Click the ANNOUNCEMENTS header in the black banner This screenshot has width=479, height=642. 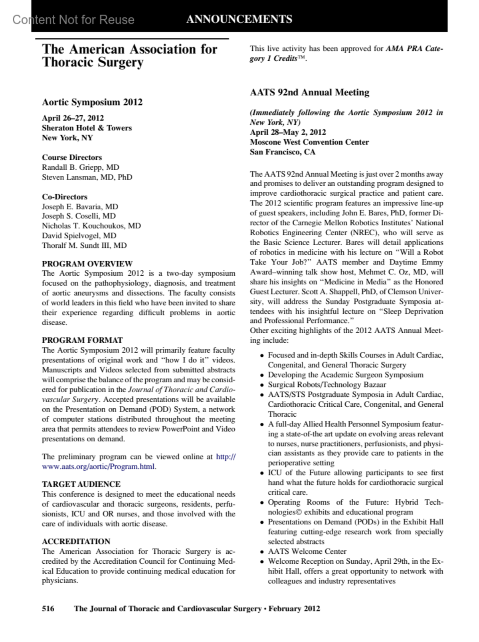coord(239,19)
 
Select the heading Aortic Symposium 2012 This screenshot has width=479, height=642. coord(92,102)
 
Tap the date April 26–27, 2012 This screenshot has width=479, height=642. coord(73,118)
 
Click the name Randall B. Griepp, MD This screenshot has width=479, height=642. coord(80,167)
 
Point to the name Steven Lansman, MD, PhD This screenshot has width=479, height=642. coord(87,177)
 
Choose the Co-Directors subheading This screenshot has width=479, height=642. coord(65,197)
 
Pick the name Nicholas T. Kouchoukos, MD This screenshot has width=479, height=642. coord(91,226)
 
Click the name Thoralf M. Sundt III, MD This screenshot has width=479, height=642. coord(84,245)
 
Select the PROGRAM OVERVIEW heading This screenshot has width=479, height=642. coord(87,264)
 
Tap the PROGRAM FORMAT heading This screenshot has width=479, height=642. coord(82,340)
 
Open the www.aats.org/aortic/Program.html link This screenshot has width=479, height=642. coord(98,467)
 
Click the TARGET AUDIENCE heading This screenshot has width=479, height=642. coord(81,484)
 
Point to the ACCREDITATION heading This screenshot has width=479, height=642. coord(76,542)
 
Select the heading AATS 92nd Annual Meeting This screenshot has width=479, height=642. coord(309,93)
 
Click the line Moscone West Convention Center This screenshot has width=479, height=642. coord(309,142)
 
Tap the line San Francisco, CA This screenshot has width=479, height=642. coord(282,152)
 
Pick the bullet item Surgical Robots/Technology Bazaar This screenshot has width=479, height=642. coord(327,385)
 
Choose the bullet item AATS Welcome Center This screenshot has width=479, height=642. coord(307,552)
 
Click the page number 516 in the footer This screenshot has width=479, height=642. coord(48,608)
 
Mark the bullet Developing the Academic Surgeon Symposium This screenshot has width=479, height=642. coord(345,375)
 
